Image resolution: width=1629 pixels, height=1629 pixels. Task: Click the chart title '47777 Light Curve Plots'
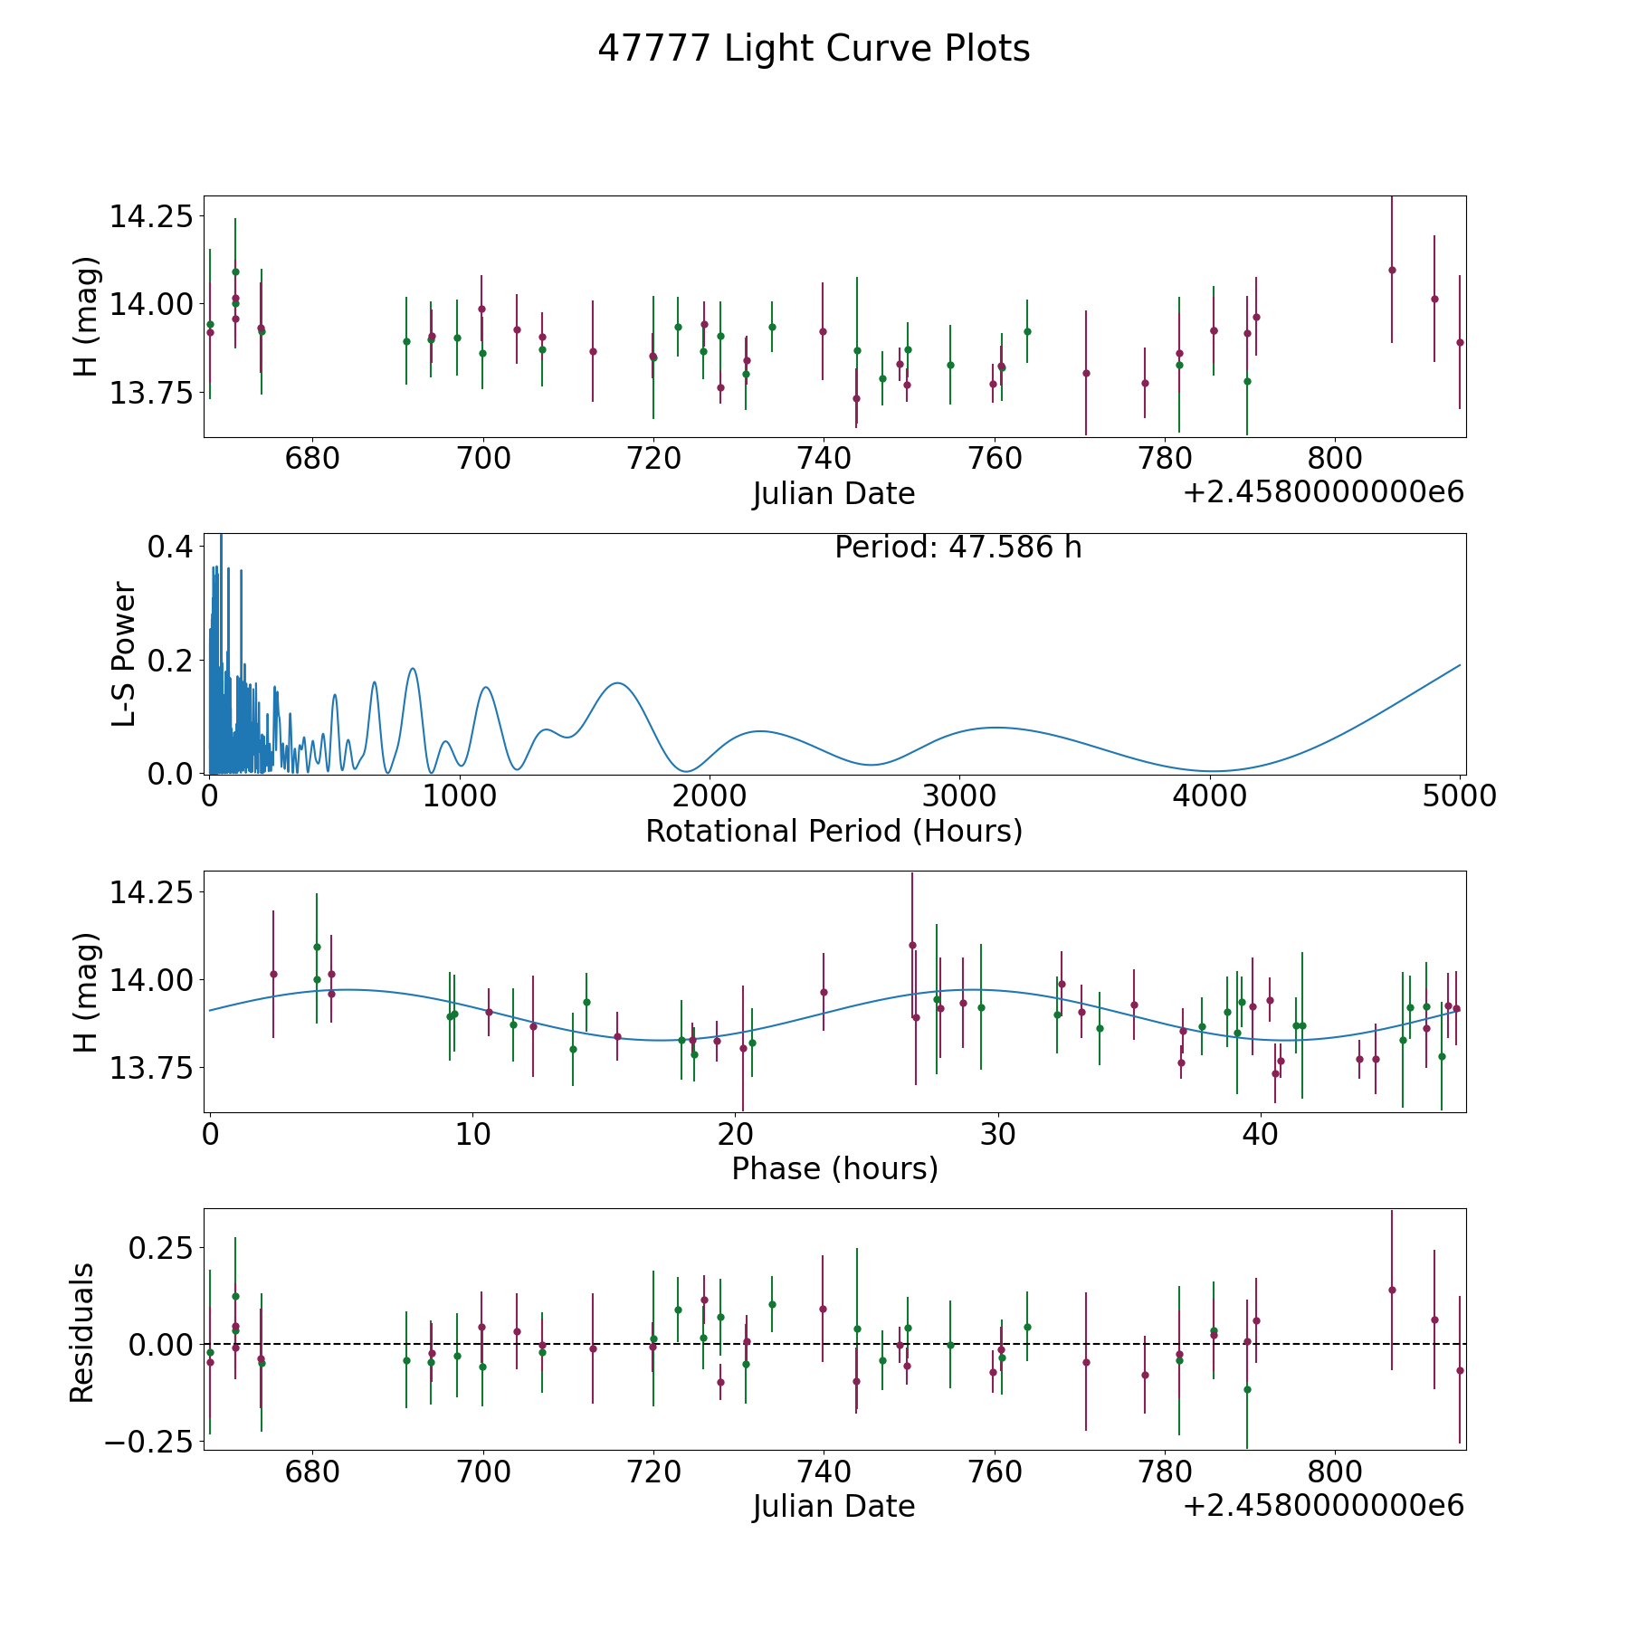point(814,49)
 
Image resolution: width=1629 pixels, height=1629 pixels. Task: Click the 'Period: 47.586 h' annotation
point(958,548)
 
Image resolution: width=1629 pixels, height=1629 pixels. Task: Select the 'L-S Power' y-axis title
point(124,654)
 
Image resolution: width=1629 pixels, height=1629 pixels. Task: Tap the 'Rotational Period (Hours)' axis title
point(834,831)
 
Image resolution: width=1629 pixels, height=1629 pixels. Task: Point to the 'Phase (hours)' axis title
point(834,1168)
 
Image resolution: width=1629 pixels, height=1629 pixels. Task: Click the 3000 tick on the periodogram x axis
point(960,796)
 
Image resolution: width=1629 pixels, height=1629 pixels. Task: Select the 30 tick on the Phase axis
point(997,1134)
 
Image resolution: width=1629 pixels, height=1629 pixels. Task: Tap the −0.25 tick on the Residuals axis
point(149,1441)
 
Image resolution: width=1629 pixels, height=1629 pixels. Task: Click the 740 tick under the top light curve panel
point(824,459)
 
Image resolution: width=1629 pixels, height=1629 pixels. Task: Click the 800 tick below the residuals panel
point(1335,1472)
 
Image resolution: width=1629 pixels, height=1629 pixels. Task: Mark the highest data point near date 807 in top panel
point(1392,270)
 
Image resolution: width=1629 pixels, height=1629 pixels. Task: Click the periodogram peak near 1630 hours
point(617,682)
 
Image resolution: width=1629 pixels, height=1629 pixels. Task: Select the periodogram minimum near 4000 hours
point(1212,771)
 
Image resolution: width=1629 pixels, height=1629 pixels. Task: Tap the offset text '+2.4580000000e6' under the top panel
point(1323,492)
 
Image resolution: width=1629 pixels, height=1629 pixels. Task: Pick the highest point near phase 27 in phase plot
point(912,945)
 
